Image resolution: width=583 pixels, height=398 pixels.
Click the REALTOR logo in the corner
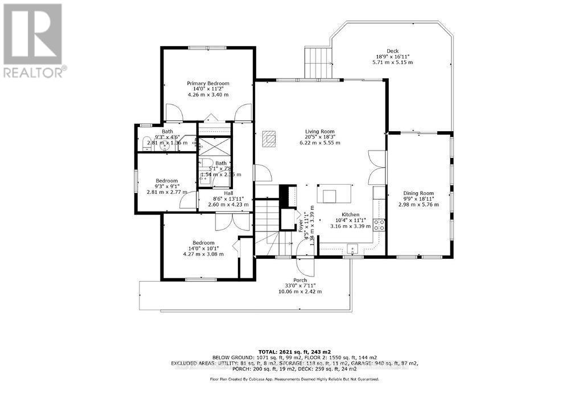pos(33,40)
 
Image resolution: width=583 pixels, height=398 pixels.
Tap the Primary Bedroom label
pos(208,83)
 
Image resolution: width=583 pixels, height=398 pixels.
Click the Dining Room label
pos(418,193)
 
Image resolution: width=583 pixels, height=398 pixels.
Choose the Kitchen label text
pos(350,214)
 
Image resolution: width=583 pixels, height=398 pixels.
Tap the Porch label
pos(300,280)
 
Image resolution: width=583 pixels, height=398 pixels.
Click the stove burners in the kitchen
pos(379,224)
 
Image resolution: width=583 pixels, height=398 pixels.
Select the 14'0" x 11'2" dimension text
pos(208,89)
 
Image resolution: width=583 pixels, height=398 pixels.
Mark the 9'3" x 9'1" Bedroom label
pos(167,187)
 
